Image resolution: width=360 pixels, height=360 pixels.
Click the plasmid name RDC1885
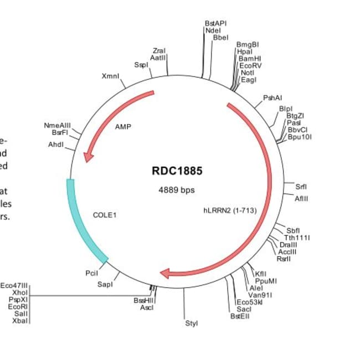pos(177,171)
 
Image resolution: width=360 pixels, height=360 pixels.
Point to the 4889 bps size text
pos(177,190)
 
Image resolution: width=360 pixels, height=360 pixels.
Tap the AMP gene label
pos(123,127)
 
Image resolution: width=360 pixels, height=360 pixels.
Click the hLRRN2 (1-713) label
pos(230,210)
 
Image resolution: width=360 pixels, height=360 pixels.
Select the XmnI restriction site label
pos(111,76)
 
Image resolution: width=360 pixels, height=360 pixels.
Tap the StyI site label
pos(191,322)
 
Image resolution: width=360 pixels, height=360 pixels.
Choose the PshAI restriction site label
pos(272,97)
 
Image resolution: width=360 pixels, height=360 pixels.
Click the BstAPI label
pos(215,23)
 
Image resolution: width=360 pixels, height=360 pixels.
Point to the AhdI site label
pos(56,145)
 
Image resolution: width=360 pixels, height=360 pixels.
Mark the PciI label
pos(92,272)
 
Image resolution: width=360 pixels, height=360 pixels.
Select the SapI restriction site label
pos(105,285)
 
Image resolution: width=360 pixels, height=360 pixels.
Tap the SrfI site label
pos(301,187)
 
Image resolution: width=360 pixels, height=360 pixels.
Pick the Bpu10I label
pos(301,137)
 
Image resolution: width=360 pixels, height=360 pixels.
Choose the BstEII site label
pos(240,316)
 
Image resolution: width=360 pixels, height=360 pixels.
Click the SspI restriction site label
pos(142,65)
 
